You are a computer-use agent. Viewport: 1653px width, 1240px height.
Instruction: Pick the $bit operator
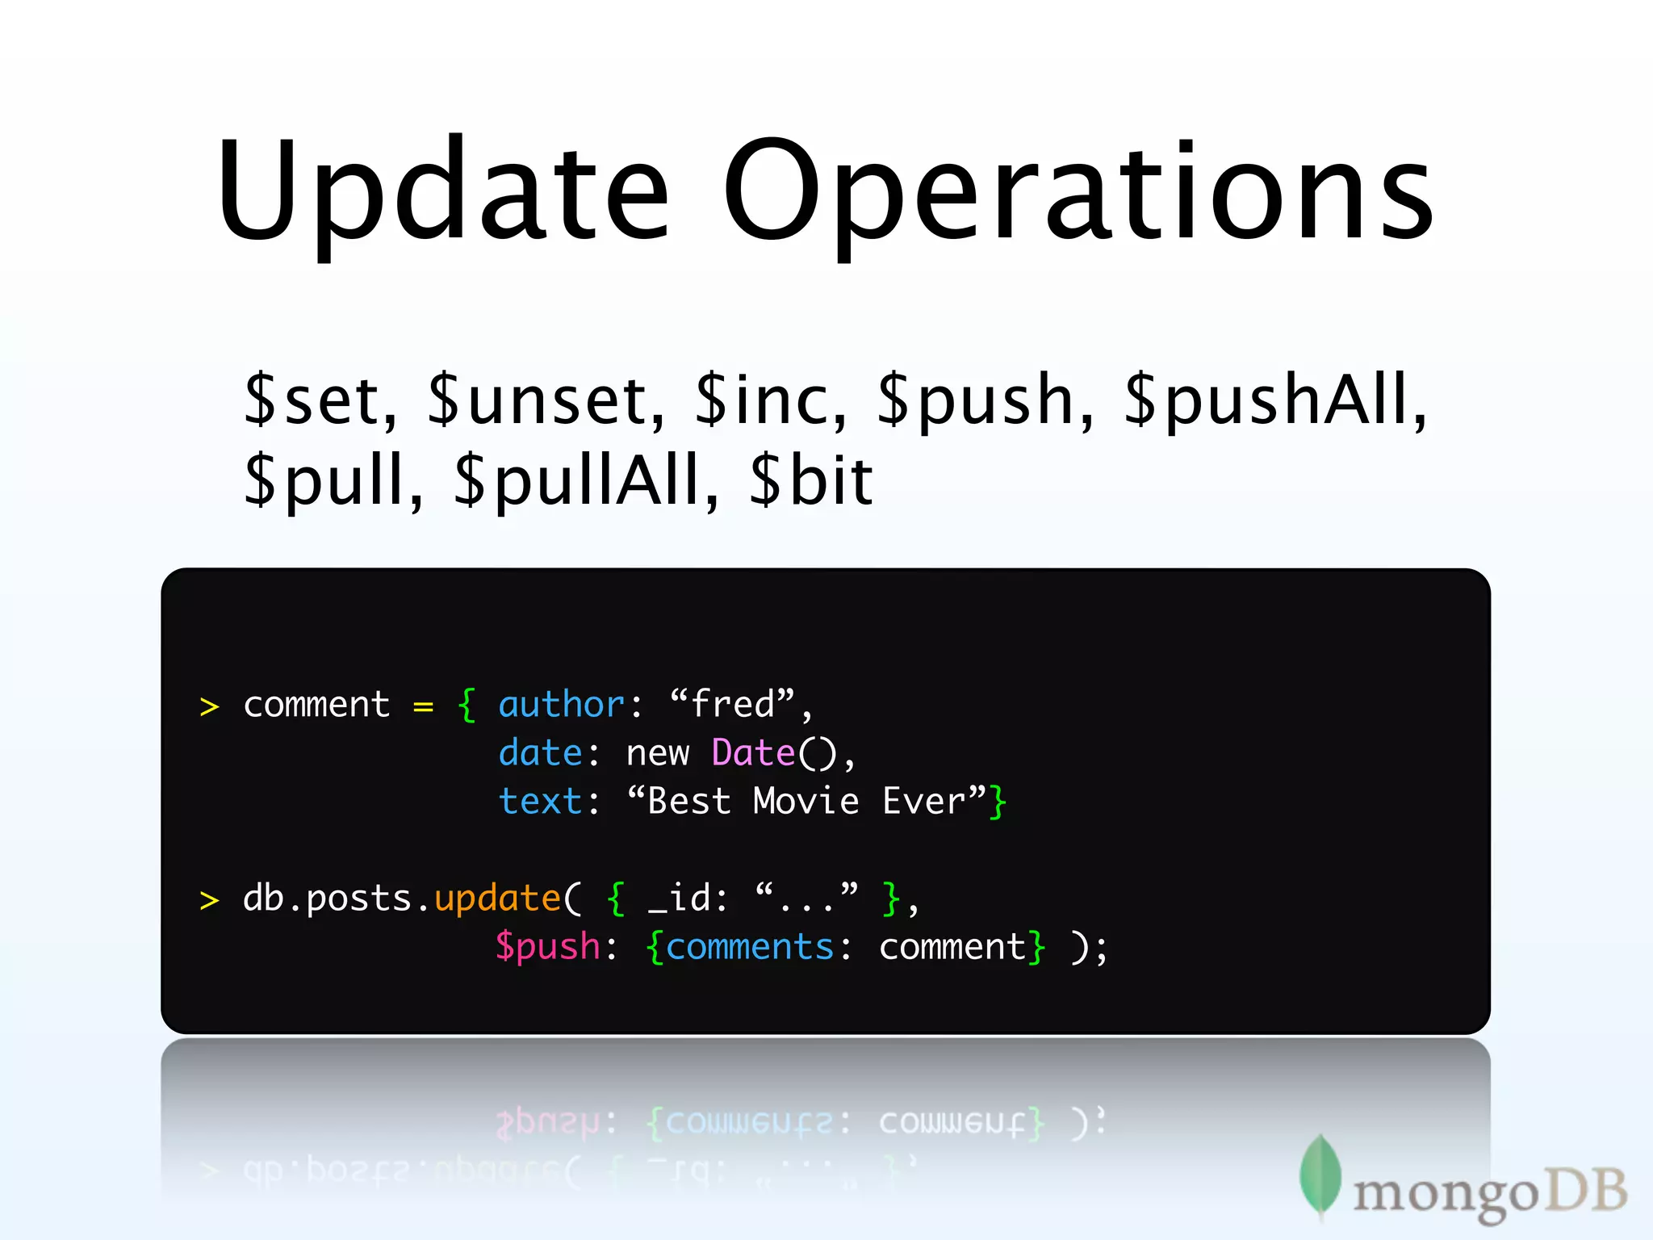click(811, 481)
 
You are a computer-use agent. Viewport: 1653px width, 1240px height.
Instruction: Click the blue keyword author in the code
click(561, 705)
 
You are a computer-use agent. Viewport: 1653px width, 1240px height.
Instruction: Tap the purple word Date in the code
click(753, 753)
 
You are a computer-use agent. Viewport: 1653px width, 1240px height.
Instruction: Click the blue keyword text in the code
click(540, 802)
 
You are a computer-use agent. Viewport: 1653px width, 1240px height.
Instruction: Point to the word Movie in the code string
click(806, 802)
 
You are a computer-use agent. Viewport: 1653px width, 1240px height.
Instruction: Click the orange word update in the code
click(497, 899)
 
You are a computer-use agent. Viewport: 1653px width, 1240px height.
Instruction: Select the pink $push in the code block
click(548, 947)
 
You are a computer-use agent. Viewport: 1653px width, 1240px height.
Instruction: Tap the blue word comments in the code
click(750, 947)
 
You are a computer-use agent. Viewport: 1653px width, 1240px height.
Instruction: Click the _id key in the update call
click(688, 899)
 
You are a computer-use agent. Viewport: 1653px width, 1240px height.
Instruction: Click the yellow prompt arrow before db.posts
click(209, 900)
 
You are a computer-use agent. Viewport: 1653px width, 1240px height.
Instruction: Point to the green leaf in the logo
click(1320, 1175)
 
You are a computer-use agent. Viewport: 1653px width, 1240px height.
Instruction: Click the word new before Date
click(657, 754)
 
